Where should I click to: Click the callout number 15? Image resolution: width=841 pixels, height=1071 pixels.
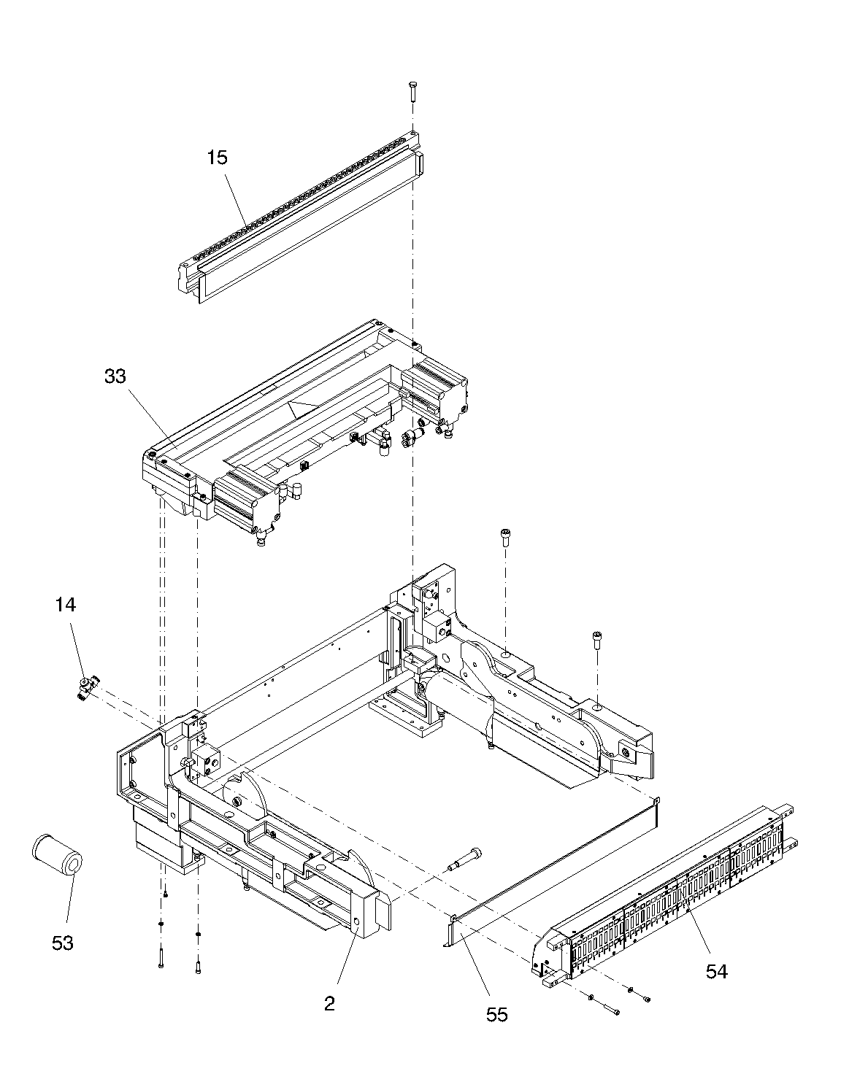(218, 158)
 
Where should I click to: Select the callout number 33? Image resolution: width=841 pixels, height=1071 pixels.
(115, 376)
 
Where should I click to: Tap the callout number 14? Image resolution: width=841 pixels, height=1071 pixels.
(66, 604)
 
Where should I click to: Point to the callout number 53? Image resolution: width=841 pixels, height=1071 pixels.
(63, 943)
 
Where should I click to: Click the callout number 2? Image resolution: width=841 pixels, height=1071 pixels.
(329, 1003)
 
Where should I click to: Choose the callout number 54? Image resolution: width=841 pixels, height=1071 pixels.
(716, 972)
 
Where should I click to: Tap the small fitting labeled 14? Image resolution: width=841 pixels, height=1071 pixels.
(88, 689)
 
